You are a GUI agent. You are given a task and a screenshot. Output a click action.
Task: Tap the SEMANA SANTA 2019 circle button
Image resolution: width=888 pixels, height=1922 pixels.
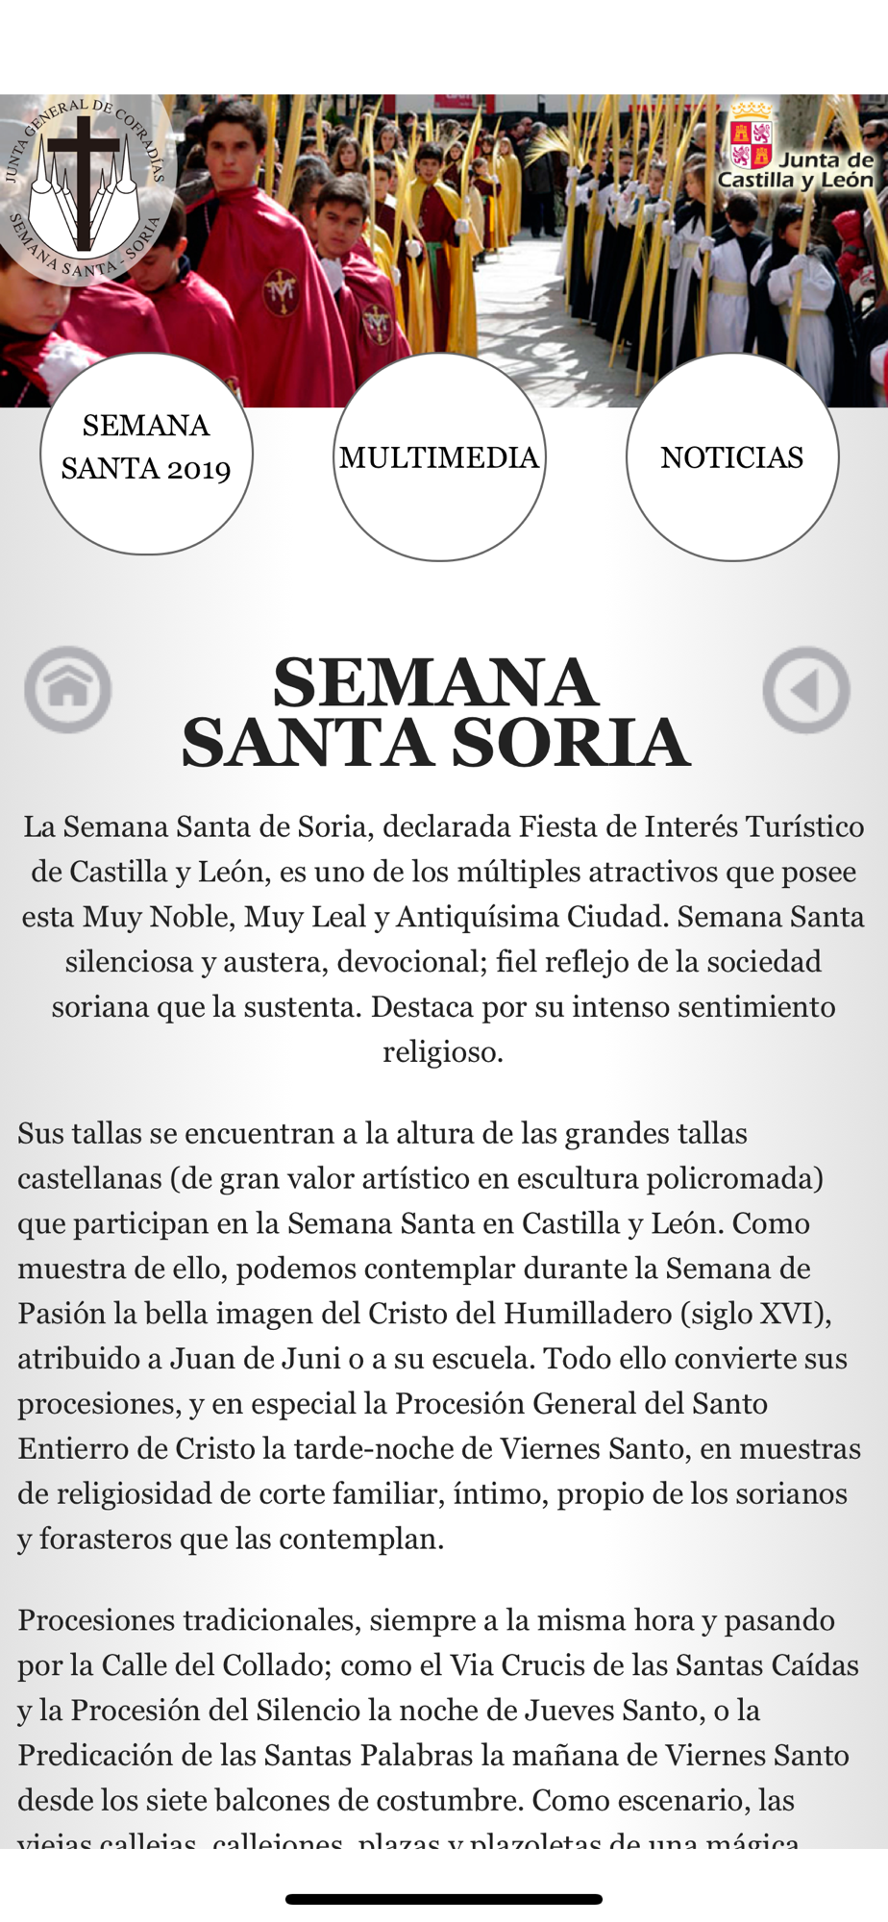tap(146, 454)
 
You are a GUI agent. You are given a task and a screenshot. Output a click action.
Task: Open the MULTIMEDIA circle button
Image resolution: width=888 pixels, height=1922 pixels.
tap(439, 457)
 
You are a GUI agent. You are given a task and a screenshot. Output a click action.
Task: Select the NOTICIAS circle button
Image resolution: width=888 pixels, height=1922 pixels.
tap(731, 457)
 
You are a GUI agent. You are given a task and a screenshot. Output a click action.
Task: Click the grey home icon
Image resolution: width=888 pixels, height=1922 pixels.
tap(67, 689)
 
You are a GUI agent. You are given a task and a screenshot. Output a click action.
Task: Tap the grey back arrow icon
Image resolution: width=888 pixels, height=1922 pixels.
tap(805, 689)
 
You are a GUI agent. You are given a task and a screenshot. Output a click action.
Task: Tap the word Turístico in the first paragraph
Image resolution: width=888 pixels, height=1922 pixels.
tap(802, 826)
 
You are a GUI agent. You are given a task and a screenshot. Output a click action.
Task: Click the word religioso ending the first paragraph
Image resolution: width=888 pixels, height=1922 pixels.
tap(443, 1052)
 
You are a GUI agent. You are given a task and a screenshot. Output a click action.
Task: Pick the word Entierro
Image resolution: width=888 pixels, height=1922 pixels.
tap(65, 1449)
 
